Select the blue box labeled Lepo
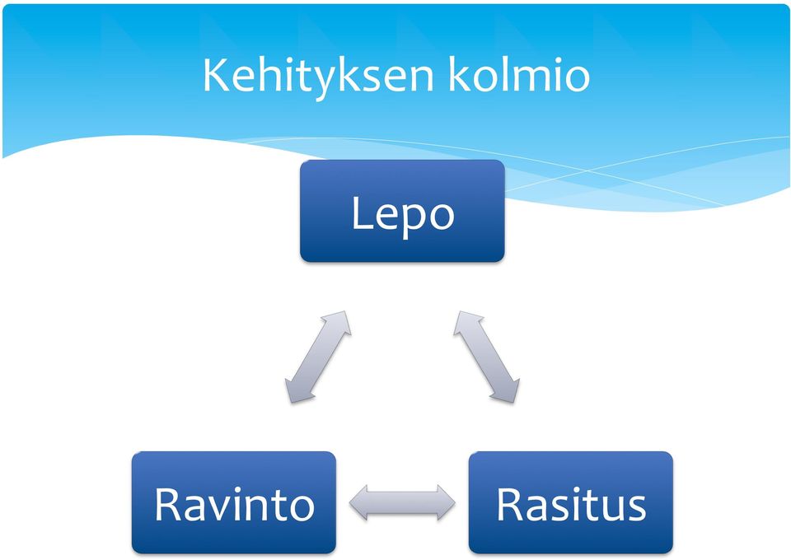tap(402, 211)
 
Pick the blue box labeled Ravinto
tap(233, 502)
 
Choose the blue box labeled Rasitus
tap(570, 502)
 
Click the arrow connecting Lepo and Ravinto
tap(318, 357)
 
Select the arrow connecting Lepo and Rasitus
tap(487, 357)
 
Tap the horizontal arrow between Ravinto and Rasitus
tap(402, 502)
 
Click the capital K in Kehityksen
tap(214, 75)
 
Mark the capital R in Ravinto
tap(167, 504)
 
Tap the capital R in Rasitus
tap(509, 504)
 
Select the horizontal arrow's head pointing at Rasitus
tap(446, 502)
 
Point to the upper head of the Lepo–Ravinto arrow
tap(338, 322)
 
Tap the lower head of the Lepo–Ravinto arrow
tap(297, 392)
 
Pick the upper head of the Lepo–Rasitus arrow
tap(466, 322)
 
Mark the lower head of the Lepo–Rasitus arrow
tap(507, 392)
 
